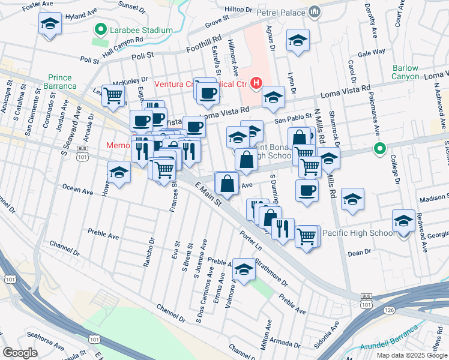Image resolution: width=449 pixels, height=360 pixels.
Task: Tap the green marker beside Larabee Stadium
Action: (x=100, y=29)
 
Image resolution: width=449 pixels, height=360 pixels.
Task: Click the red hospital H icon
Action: (x=256, y=82)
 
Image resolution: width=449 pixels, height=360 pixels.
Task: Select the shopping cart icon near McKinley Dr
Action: (x=113, y=94)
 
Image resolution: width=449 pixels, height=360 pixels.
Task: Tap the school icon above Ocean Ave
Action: (x=119, y=172)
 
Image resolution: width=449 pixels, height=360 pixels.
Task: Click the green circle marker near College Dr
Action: (x=379, y=149)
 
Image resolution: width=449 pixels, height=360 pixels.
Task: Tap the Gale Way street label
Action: (x=371, y=52)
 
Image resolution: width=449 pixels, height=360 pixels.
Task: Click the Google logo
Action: (x=20, y=353)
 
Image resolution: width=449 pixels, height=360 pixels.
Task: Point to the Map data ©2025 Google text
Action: (x=411, y=355)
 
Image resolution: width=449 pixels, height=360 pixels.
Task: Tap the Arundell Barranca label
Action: (x=388, y=340)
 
